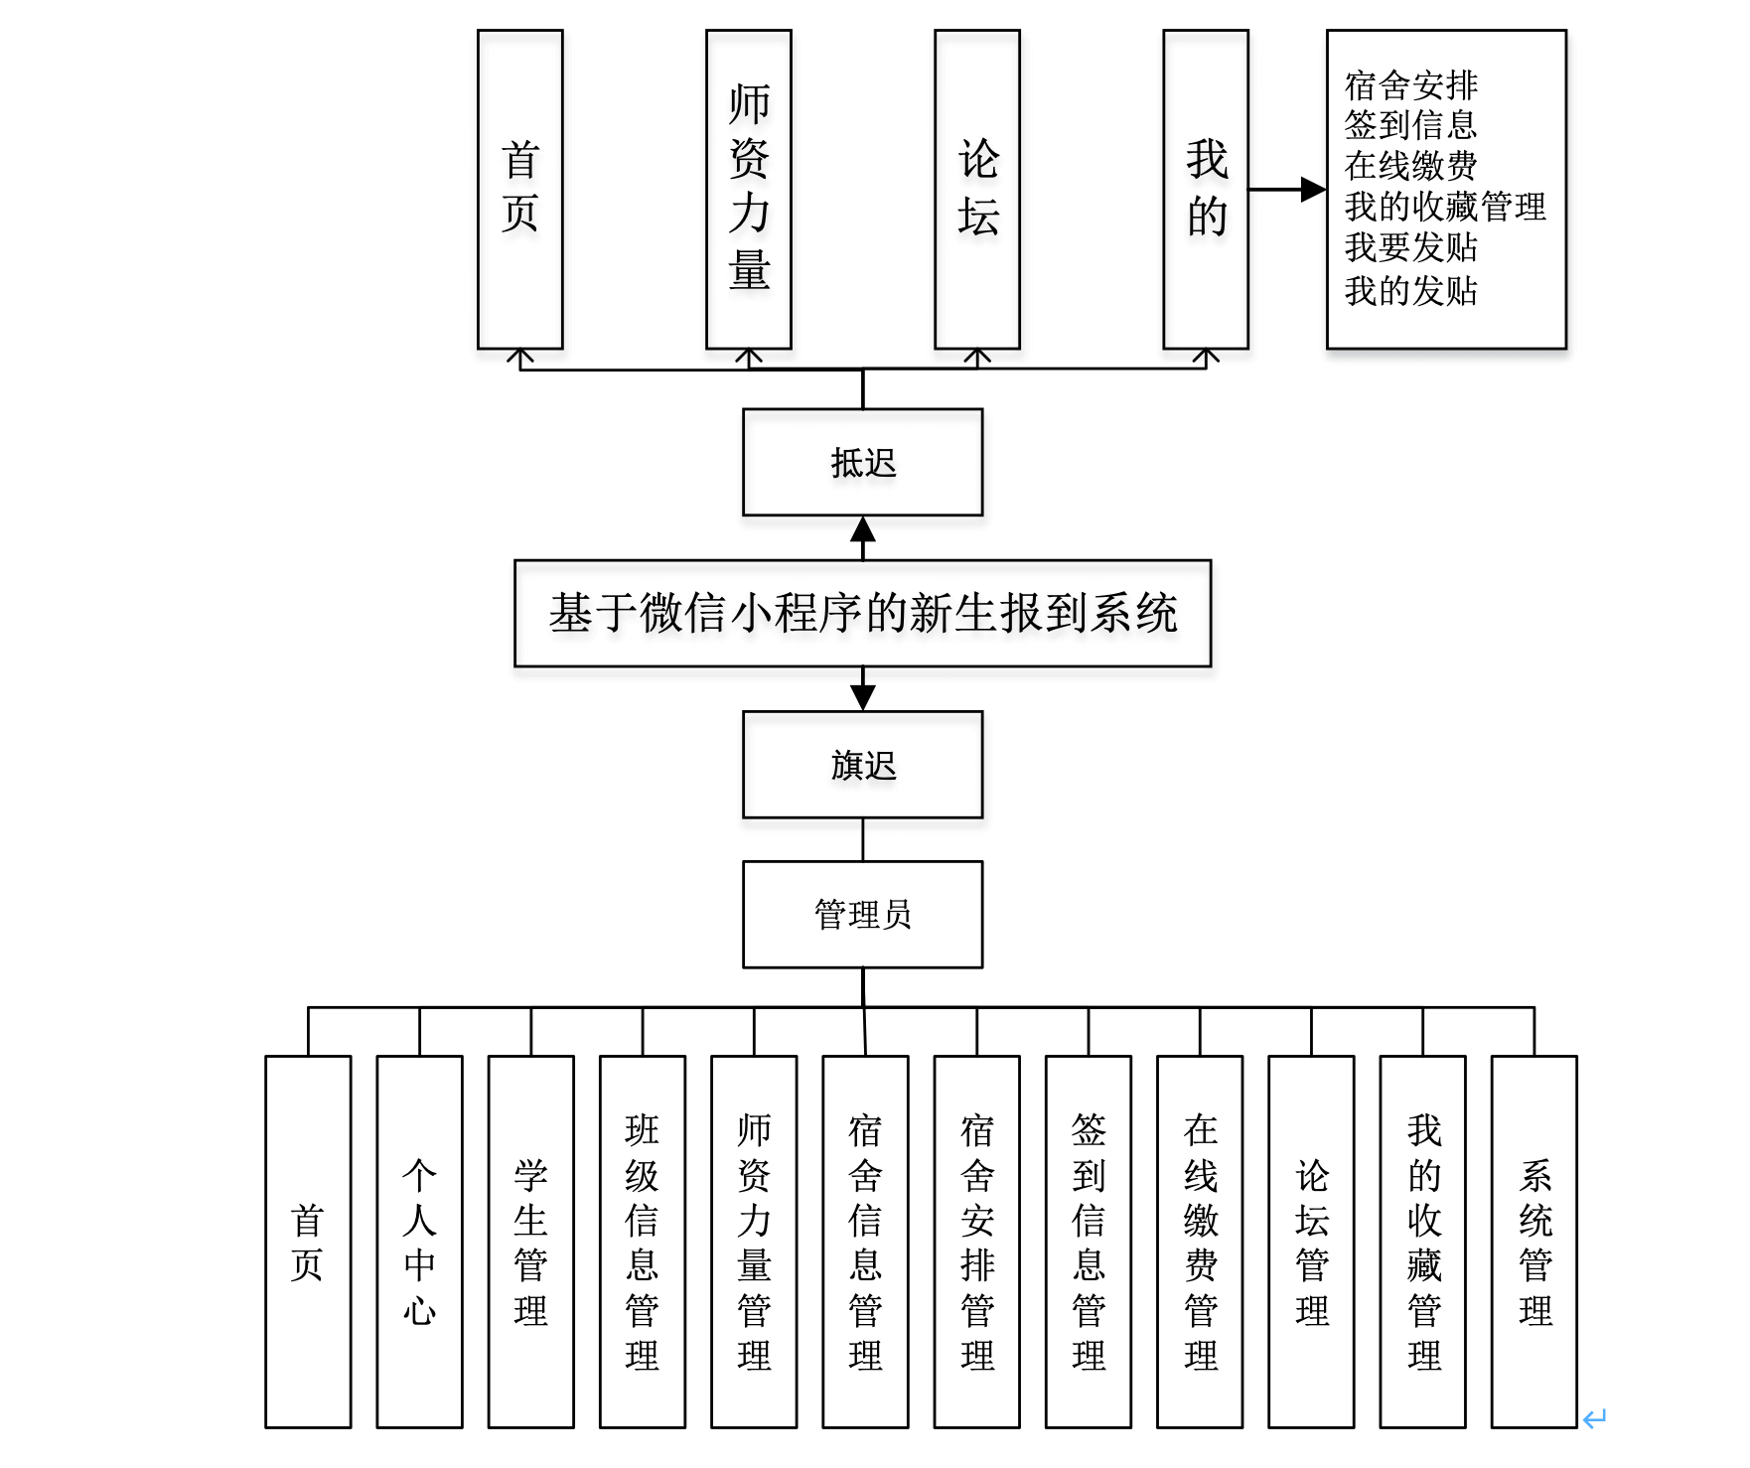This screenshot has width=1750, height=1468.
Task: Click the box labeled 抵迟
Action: click(x=862, y=463)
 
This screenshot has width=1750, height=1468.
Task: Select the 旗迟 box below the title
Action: click(x=862, y=765)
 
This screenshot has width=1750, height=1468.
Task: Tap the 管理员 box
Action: click(x=862, y=915)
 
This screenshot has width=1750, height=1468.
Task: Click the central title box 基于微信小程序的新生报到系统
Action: click(x=862, y=613)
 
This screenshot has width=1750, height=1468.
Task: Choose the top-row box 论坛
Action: click(x=977, y=189)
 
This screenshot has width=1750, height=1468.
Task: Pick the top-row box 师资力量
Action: click(x=749, y=189)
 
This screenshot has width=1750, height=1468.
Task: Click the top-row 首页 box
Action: click(x=519, y=189)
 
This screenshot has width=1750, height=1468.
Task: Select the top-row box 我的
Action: click(x=1206, y=189)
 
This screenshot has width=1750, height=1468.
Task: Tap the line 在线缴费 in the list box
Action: click(x=1410, y=165)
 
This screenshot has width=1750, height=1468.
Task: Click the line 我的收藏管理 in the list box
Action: click(x=1445, y=207)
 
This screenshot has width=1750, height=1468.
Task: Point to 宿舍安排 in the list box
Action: click(x=1410, y=85)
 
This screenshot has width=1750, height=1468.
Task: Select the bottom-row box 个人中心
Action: click(x=419, y=1242)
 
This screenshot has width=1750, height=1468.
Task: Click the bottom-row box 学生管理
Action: click(x=530, y=1242)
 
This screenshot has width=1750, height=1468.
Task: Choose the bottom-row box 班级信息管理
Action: click(x=642, y=1242)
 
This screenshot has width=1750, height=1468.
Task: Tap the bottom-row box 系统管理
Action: click(x=1534, y=1242)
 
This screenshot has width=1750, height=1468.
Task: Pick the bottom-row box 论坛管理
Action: click(x=1311, y=1242)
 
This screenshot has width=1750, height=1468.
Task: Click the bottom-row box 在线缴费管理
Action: click(x=1200, y=1242)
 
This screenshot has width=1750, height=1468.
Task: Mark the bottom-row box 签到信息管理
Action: click(x=1089, y=1242)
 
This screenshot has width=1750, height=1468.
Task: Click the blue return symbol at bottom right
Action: click(x=1595, y=1418)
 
